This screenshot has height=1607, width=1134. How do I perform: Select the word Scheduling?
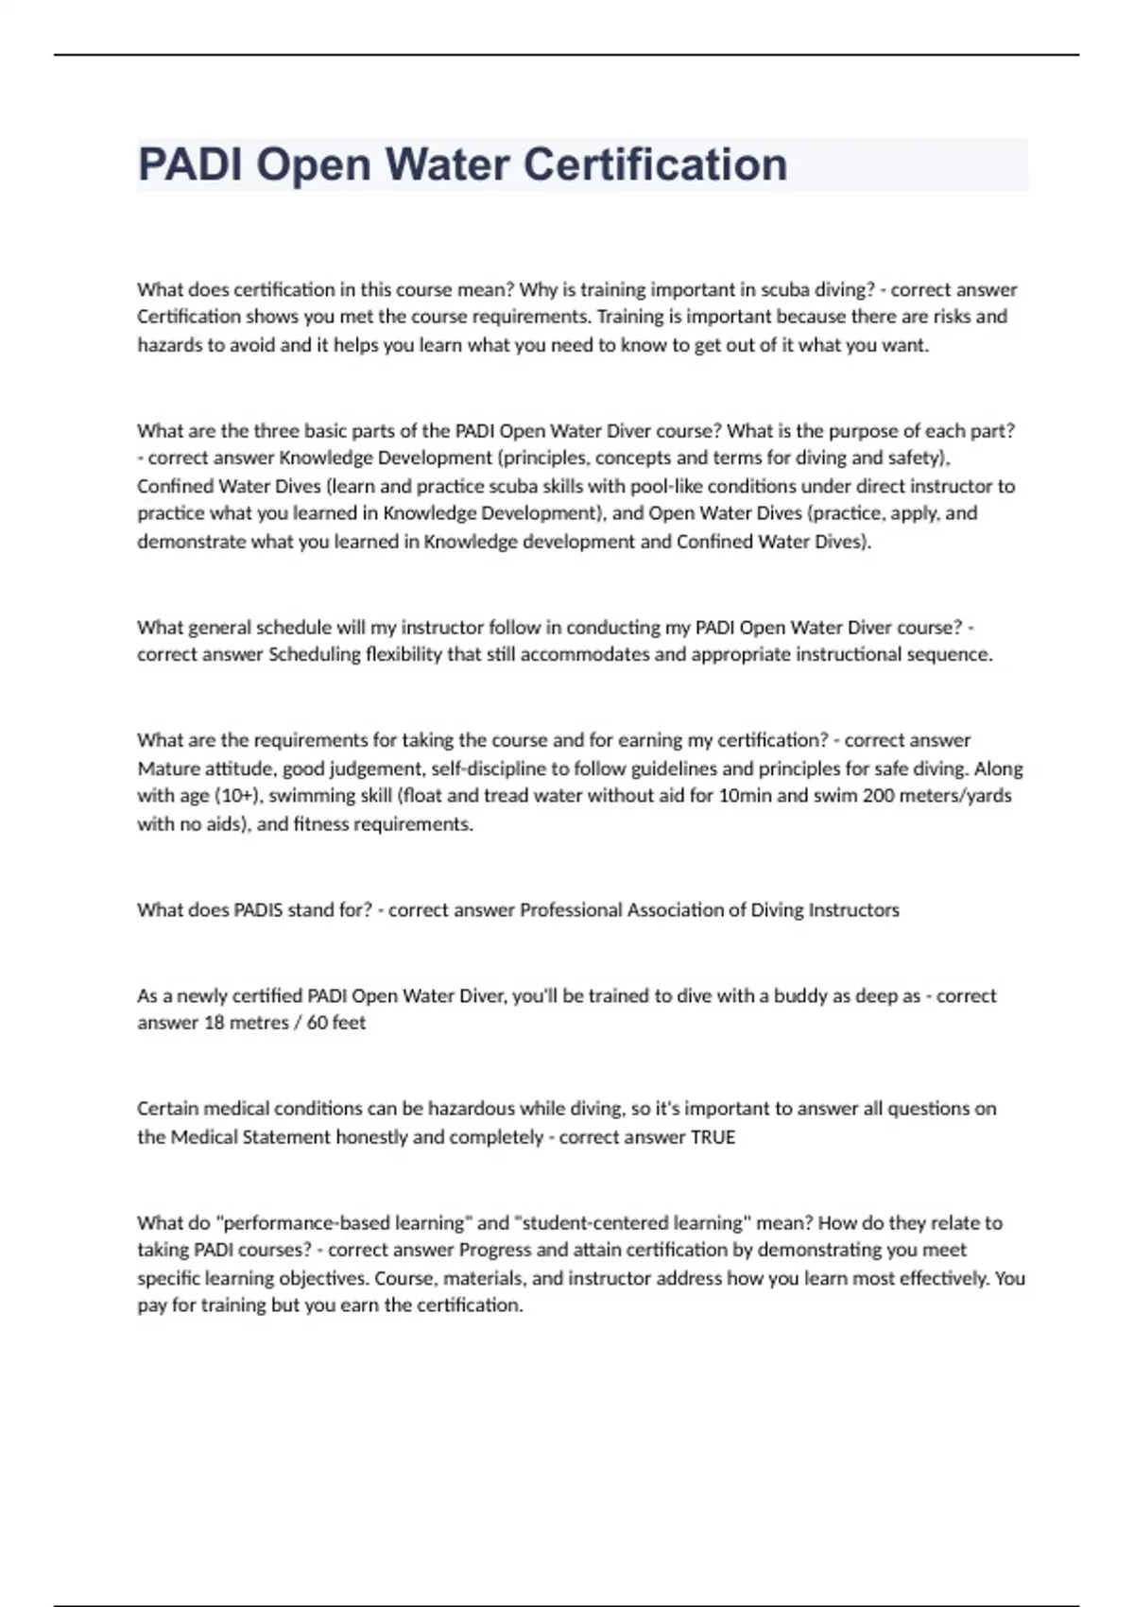click(x=315, y=654)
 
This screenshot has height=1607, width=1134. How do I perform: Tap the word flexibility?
click(x=404, y=654)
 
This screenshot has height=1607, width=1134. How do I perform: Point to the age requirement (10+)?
click(x=239, y=796)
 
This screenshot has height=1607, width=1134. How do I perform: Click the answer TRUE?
click(x=713, y=1137)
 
